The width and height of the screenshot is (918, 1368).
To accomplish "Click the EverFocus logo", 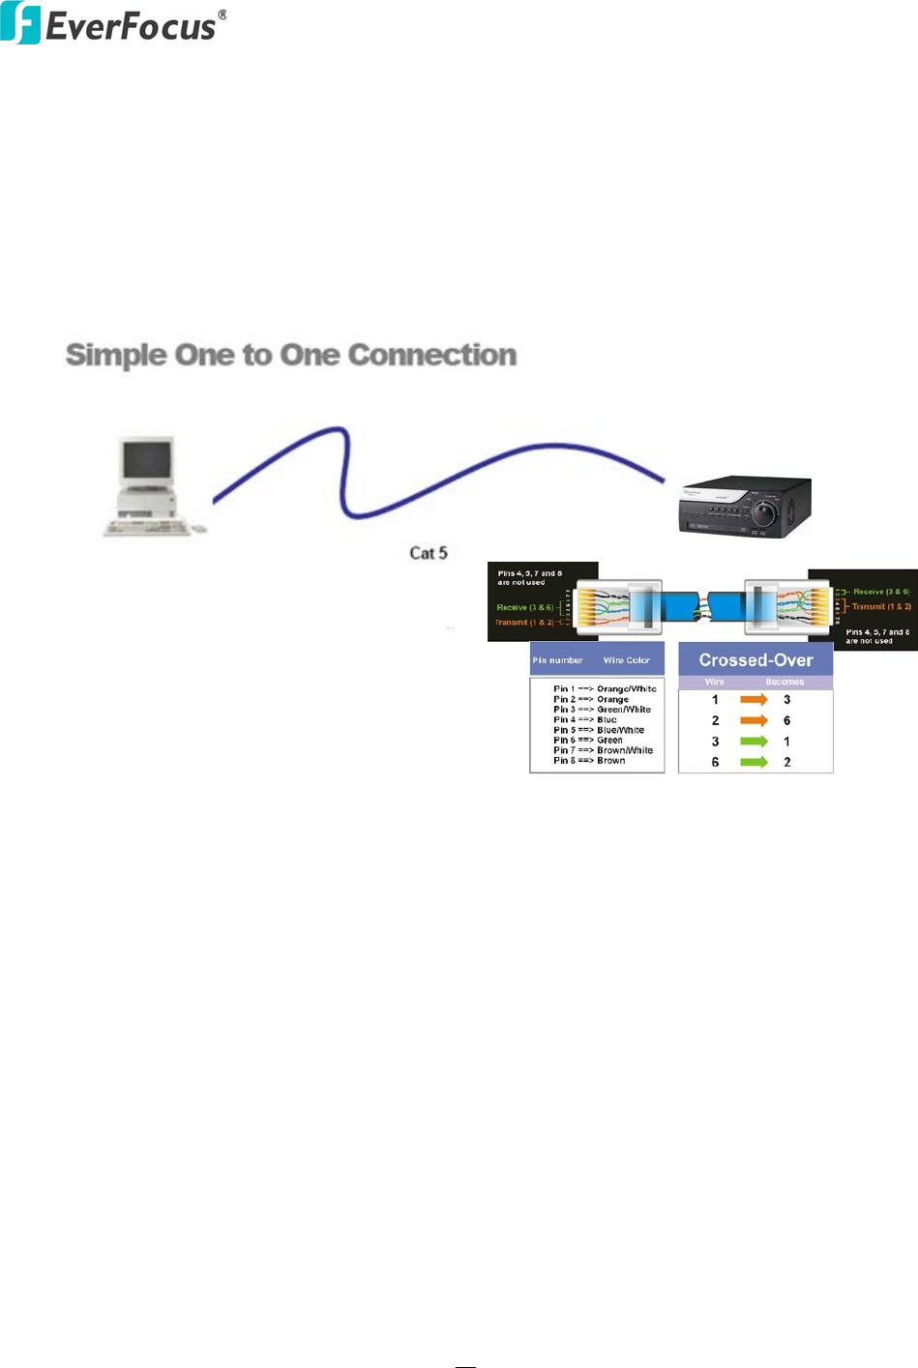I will (x=113, y=24).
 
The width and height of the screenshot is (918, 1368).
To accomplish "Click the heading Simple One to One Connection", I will (x=290, y=355).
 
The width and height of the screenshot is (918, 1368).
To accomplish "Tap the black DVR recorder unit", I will (x=745, y=507).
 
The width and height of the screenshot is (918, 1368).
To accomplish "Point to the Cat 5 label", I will (x=428, y=553).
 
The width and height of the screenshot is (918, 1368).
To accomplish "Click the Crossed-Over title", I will (x=755, y=660).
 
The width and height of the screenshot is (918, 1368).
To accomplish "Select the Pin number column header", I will (x=557, y=660).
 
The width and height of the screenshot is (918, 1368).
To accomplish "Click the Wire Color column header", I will (x=626, y=660).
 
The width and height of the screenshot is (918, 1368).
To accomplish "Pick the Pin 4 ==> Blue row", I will (x=584, y=719).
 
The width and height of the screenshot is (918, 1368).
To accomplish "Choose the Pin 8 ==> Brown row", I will (x=589, y=761).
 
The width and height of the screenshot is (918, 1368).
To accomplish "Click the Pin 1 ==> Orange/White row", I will (x=605, y=688).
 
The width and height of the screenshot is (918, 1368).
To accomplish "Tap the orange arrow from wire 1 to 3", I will (x=754, y=699).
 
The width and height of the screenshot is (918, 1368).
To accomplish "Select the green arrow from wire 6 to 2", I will (x=754, y=762).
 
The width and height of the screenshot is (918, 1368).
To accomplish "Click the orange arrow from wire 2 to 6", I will (x=754, y=720).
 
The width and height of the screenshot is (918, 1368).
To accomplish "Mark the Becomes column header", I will (x=785, y=682).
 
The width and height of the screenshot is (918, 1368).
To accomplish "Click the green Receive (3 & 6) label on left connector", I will (x=524, y=607).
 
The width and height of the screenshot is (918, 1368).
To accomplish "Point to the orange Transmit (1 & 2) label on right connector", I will (x=881, y=606).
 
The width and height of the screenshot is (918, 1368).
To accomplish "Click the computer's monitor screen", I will (x=147, y=460).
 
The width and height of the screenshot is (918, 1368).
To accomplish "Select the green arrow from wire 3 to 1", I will (x=754, y=742).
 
